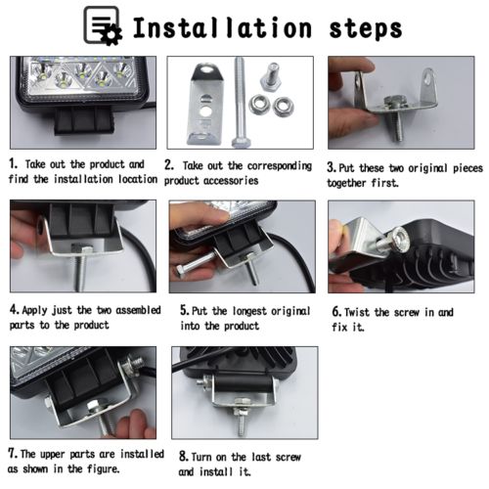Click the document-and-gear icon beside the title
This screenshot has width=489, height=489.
[x=103, y=25]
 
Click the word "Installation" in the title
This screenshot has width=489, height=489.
[x=222, y=27]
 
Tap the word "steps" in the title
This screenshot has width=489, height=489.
[x=366, y=28]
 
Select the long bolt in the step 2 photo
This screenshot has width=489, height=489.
[x=240, y=102]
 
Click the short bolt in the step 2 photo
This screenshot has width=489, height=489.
[x=271, y=77]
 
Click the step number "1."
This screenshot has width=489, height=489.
[x=14, y=163]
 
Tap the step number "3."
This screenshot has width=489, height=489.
[x=332, y=167]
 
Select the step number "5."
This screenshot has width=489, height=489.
[x=185, y=310]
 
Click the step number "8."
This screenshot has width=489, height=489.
[x=184, y=456]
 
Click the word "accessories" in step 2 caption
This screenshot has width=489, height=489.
[x=231, y=180]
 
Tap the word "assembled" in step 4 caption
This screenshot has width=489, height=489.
[x=138, y=310]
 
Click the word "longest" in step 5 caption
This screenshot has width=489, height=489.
[x=249, y=311]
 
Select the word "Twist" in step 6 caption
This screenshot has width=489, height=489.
[x=357, y=312]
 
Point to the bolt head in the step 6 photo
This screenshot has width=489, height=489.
[x=399, y=241]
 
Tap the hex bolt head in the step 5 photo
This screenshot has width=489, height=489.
[x=181, y=272]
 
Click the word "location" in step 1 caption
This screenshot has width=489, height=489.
[x=138, y=179]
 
